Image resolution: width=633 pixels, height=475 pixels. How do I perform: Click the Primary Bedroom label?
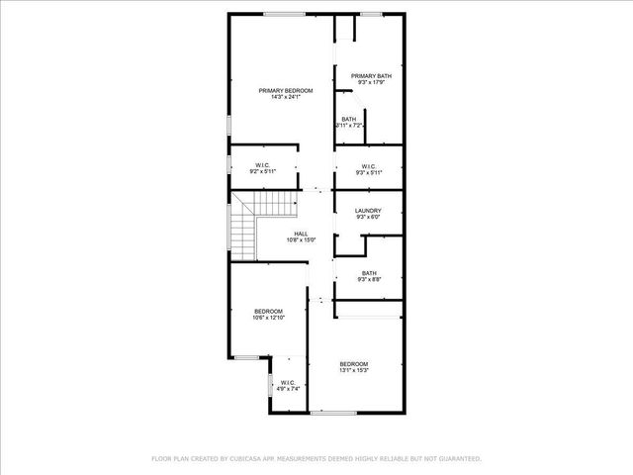point(279,90)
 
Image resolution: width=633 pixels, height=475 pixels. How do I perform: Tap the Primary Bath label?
point(370,76)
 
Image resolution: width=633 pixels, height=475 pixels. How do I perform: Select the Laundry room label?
point(368,210)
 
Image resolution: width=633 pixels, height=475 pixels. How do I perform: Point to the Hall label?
point(300,234)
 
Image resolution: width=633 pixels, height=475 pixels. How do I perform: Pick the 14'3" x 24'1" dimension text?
point(279,97)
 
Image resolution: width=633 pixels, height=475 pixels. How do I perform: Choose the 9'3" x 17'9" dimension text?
point(370,83)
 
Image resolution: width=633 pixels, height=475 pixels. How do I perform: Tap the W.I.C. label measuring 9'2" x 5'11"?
point(262,165)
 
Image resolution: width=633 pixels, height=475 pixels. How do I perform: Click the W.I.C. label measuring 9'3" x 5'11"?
point(368,165)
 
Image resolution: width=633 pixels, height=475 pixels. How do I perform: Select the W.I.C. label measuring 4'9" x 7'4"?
point(287,382)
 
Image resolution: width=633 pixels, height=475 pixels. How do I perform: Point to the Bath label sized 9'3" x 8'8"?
point(369,273)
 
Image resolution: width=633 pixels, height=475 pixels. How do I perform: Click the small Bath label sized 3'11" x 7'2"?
point(349,120)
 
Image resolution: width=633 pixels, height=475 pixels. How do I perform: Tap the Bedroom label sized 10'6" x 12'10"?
point(268,311)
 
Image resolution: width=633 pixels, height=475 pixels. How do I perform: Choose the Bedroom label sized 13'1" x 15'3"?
point(354,363)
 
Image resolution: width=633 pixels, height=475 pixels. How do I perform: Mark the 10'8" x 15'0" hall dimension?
point(300,240)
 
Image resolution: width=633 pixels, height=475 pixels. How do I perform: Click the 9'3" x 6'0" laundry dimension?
point(368,217)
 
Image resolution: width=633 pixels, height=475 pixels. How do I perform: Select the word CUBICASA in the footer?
point(247,458)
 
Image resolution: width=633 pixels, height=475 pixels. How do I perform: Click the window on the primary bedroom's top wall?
point(284,14)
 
